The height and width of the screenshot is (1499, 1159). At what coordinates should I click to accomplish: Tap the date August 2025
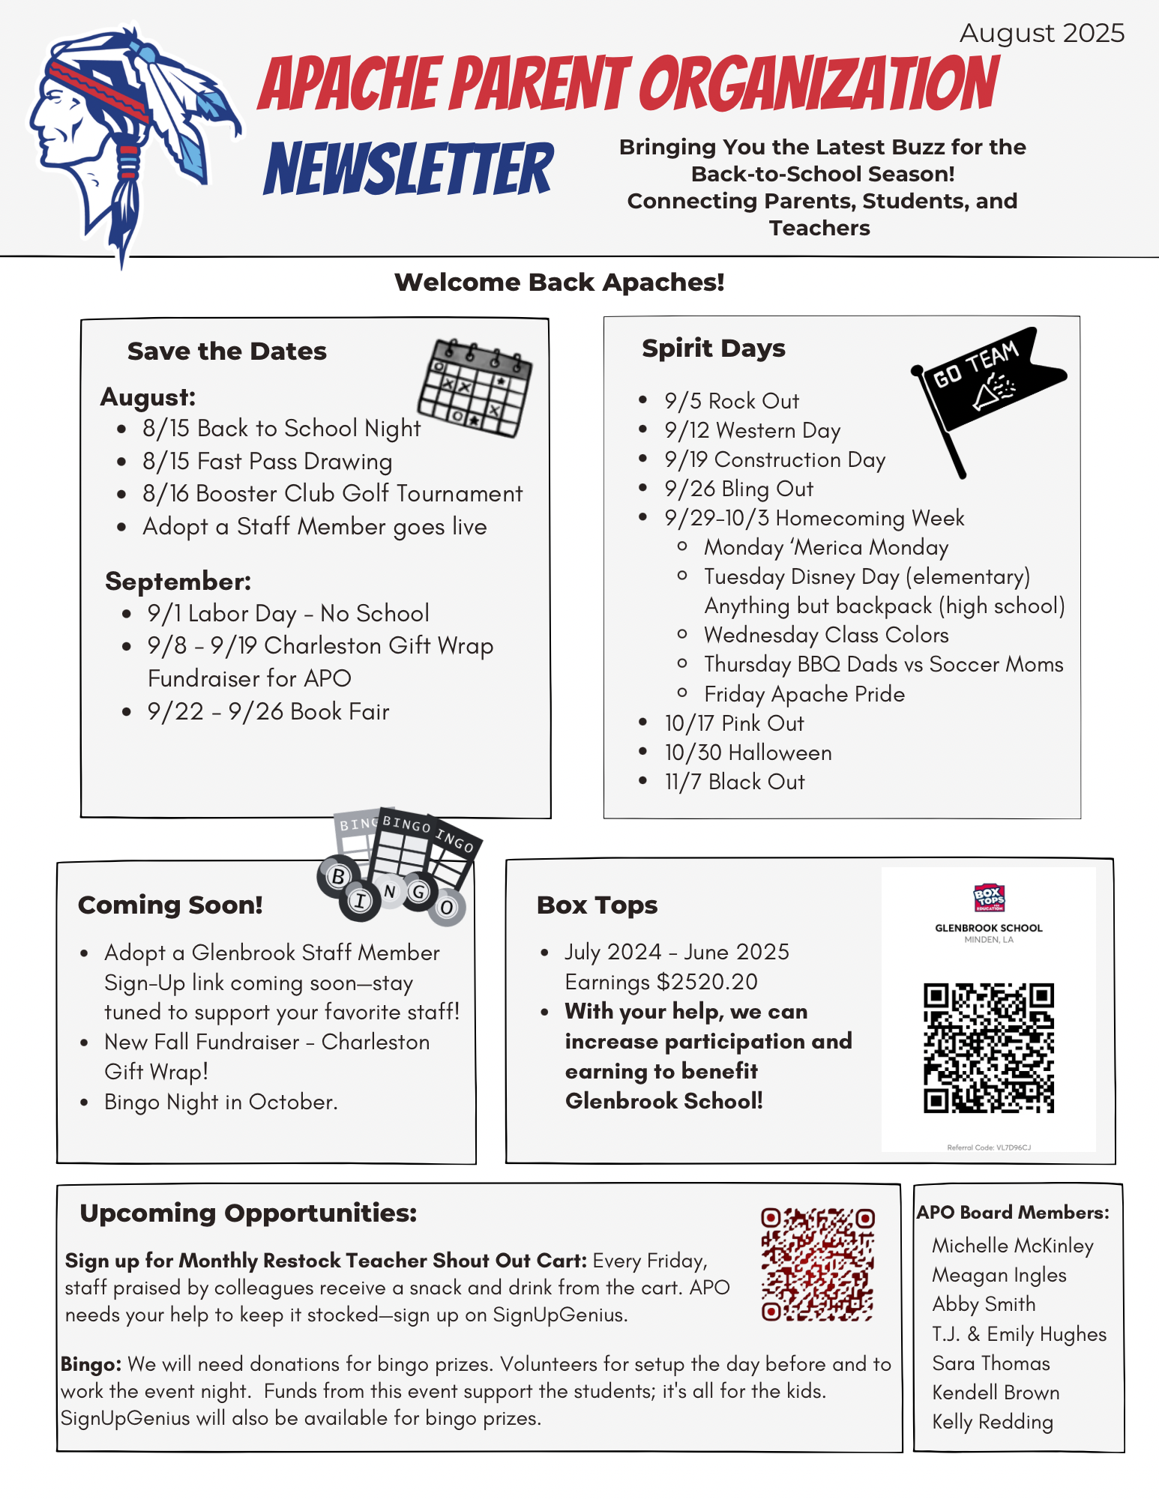1041,34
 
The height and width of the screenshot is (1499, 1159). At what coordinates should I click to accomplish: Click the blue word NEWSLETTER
409,169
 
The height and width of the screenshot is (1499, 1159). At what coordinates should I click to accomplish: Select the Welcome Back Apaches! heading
559,283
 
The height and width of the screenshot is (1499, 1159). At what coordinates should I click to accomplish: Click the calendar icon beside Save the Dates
474,388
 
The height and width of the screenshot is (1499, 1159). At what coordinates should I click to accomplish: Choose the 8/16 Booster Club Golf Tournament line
332,494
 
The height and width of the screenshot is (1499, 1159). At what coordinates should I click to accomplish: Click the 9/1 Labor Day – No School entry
288,614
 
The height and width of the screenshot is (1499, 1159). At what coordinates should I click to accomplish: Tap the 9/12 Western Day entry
752,431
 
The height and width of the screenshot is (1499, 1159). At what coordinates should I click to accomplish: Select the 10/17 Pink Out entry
734,724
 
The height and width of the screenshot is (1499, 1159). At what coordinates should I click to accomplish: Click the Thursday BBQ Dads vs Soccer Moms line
883,665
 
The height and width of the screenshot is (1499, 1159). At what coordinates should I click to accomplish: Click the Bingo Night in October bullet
221,1103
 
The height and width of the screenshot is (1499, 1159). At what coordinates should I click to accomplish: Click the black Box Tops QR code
988,1048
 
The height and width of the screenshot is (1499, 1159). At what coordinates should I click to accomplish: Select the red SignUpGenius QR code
817,1264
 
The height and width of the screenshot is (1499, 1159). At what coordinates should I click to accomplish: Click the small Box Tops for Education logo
989,897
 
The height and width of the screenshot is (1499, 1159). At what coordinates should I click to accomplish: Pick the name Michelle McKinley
1012,1246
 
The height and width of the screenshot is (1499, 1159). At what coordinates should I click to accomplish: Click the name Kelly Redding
992,1422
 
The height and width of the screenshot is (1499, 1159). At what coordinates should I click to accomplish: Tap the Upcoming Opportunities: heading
248,1213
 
